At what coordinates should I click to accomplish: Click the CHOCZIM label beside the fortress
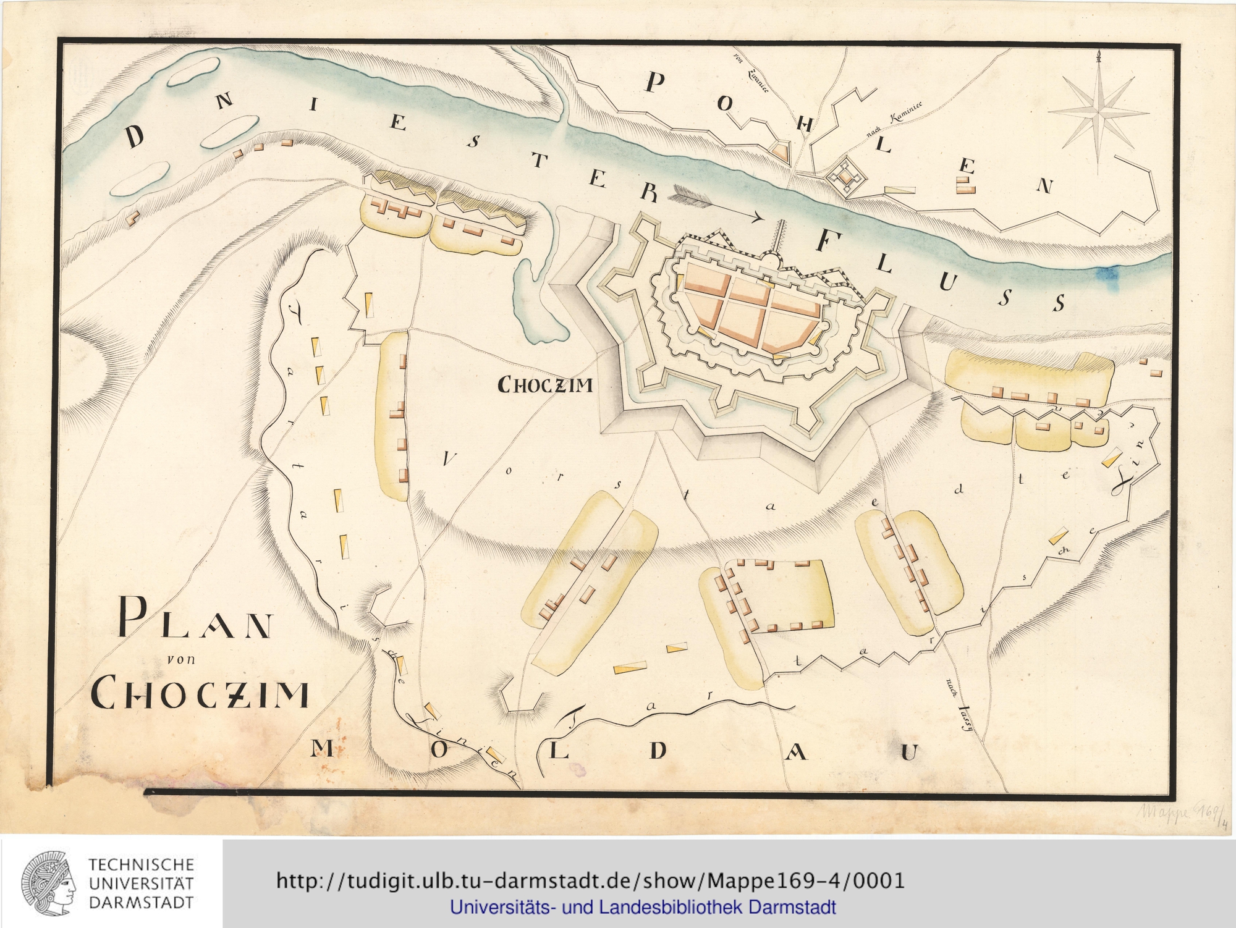pos(545,386)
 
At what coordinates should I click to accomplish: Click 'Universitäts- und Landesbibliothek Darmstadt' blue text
pos(643,908)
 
